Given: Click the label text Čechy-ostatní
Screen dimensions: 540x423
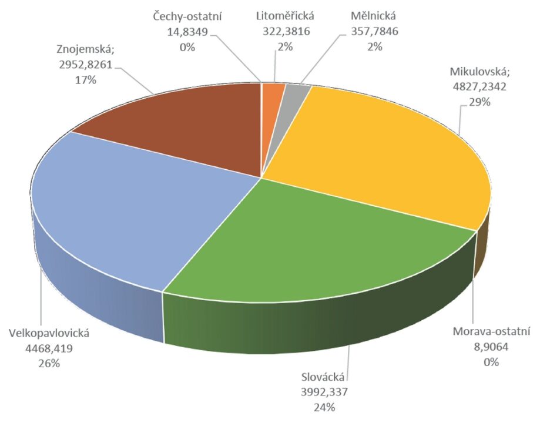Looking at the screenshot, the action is point(187,16).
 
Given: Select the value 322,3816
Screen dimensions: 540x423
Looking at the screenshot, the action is point(287,31).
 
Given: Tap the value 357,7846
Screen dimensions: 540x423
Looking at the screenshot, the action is point(375,31).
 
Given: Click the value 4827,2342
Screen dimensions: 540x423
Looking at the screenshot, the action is point(479,86).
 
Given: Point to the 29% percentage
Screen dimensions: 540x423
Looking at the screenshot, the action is point(479,102).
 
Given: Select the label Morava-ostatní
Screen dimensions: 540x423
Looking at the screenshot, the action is point(491,331).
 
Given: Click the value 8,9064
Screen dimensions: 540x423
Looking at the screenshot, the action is point(491,347).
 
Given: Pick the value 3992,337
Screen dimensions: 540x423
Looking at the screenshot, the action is point(324,392).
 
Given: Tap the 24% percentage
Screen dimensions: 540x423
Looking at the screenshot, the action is point(324,408).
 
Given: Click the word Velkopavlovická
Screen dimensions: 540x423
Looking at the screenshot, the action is point(49,334).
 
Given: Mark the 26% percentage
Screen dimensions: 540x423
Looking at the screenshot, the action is point(49,364).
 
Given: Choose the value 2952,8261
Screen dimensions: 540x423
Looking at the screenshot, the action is point(86,65).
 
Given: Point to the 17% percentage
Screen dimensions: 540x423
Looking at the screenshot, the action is point(86,80).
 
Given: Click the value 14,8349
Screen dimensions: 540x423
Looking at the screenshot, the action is point(187,32).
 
